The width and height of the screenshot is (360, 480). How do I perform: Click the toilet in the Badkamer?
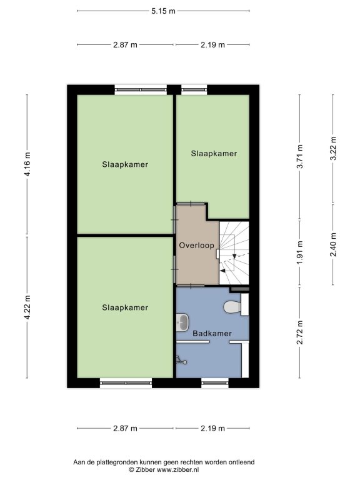click(x=236, y=306)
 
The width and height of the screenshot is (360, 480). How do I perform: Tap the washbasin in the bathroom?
click(x=182, y=322)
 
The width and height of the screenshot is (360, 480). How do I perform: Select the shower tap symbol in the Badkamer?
click(x=181, y=360)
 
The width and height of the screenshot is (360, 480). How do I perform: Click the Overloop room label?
click(x=196, y=246)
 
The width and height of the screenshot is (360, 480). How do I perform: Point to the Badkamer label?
click(x=212, y=333)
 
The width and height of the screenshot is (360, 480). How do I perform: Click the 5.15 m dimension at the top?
click(x=164, y=11)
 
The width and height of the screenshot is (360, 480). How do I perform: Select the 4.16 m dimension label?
click(x=27, y=164)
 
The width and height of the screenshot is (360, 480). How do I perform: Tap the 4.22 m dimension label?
click(x=27, y=307)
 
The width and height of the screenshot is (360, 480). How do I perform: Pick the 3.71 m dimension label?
click(x=300, y=156)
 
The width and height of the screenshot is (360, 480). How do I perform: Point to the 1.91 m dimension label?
click(x=300, y=253)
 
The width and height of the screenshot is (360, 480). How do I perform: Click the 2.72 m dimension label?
click(x=300, y=332)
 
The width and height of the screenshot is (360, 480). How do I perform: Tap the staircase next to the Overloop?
click(x=234, y=253)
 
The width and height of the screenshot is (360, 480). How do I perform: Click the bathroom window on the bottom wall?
click(x=215, y=382)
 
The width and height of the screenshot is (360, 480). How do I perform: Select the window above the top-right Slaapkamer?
click(x=194, y=90)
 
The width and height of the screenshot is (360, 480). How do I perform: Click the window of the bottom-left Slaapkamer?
click(x=126, y=382)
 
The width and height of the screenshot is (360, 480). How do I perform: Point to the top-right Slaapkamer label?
click(x=214, y=154)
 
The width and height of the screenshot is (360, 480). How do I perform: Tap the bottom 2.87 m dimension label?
click(x=125, y=428)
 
